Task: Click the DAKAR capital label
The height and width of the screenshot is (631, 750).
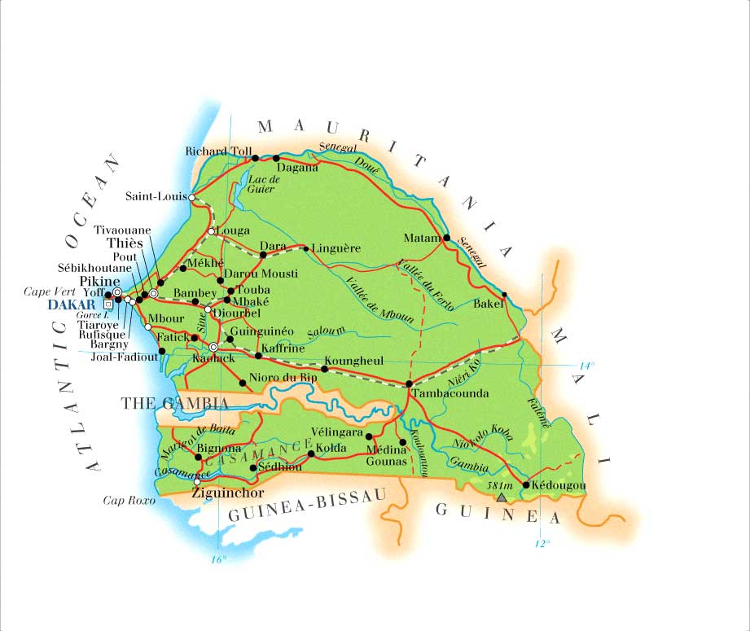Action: point(72,305)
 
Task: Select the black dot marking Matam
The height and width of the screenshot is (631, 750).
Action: point(446,238)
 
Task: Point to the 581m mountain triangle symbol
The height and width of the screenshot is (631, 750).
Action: point(502,497)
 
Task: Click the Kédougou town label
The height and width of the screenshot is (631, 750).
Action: point(558,485)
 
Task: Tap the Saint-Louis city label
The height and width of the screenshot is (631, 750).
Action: point(156,196)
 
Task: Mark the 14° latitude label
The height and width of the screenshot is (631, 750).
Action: point(587,366)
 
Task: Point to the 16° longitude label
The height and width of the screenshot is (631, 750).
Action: point(218,559)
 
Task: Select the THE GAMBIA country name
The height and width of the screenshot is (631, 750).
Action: point(174,403)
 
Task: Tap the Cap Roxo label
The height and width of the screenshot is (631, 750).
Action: point(129,500)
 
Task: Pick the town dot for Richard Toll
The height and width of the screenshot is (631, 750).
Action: point(255,158)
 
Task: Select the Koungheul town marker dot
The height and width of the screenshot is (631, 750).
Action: point(324,369)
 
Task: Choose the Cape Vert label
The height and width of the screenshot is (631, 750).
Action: point(48,291)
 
